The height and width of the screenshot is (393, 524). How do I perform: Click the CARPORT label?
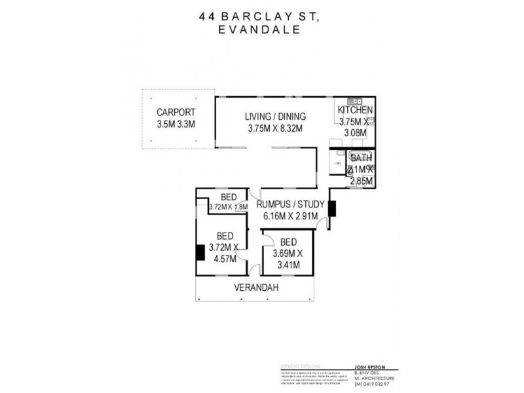tap(176, 111)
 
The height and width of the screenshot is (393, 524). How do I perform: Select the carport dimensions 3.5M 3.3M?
tap(176, 123)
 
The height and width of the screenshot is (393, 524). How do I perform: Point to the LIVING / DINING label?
tap(275, 117)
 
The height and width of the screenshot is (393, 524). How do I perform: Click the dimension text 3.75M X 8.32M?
tap(275, 128)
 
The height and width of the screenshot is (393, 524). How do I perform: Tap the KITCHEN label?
tap(355, 110)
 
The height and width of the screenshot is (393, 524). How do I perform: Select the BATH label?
tap(361, 158)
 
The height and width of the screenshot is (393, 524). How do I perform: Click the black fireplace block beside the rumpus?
tap(332, 208)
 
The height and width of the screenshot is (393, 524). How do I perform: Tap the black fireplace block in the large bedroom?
tap(200, 253)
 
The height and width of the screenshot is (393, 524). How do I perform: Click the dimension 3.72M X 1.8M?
tap(228, 207)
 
